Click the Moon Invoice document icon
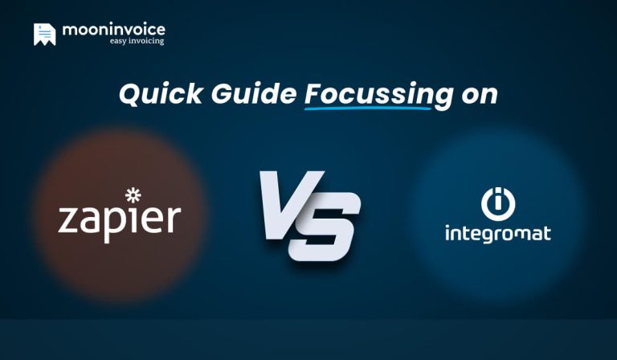pyautogui.click(x=44, y=34)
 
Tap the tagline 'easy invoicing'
pyautogui.click(x=137, y=41)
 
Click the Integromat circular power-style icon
pyautogui.click(x=498, y=203)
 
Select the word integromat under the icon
pyautogui.click(x=498, y=235)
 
